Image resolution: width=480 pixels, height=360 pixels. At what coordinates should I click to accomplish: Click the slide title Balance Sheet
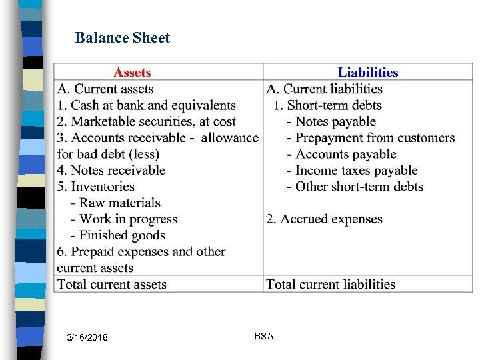[123, 38]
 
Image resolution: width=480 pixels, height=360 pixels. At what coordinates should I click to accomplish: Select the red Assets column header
[132, 73]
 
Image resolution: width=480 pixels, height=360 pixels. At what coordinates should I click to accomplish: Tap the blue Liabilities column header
[367, 73]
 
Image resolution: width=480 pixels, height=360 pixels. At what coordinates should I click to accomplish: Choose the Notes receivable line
[111, 170]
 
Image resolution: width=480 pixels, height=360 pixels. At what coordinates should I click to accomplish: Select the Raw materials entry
[120, 203]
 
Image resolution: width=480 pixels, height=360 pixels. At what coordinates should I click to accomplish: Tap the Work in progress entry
[128, 219]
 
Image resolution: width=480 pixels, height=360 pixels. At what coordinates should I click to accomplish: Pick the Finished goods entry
[122, 235]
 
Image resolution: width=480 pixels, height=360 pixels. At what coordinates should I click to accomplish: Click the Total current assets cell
[112, 284]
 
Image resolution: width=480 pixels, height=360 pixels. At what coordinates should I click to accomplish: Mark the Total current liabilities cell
[331, 284]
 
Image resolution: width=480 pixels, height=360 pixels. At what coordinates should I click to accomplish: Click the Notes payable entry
[335, 121]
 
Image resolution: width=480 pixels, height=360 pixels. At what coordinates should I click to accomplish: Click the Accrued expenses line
[324, 219]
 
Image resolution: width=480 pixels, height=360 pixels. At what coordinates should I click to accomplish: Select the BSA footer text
[263, 337]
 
